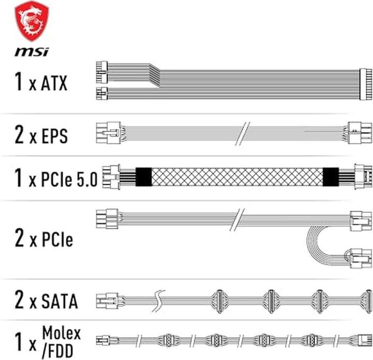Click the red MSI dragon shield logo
(x=32, y=21)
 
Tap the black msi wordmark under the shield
(x=32, y=52)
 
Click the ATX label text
(x=54, y=83)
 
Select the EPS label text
(x=54, y=136)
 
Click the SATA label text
(x=60, y=301)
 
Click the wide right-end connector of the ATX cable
(x=365, y=84)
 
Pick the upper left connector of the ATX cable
(x=102, y=73)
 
